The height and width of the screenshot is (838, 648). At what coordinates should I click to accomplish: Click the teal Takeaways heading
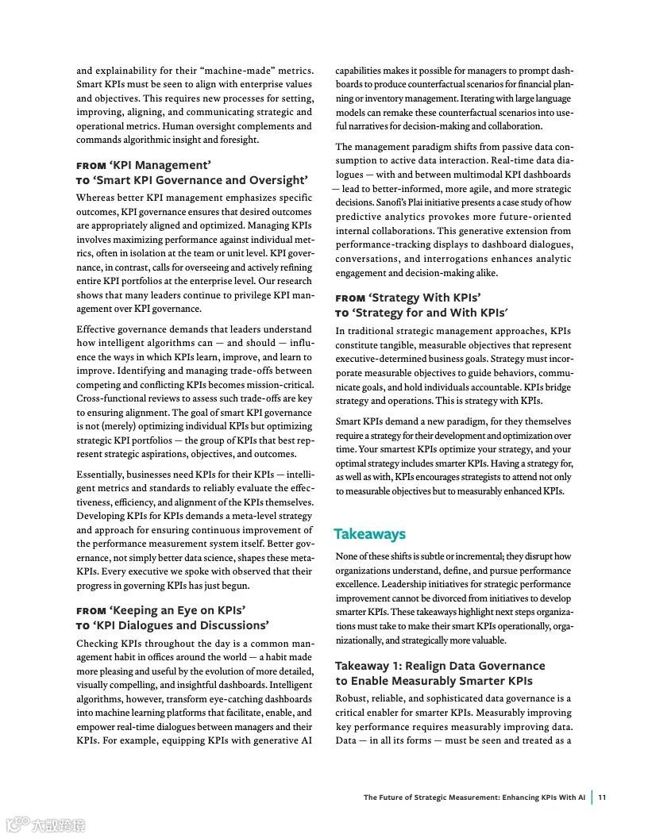pos(369,534)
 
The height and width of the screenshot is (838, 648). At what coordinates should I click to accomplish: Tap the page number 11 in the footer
pos(603,798)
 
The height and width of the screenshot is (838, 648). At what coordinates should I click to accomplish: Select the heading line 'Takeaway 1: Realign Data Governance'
pos(440,666)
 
